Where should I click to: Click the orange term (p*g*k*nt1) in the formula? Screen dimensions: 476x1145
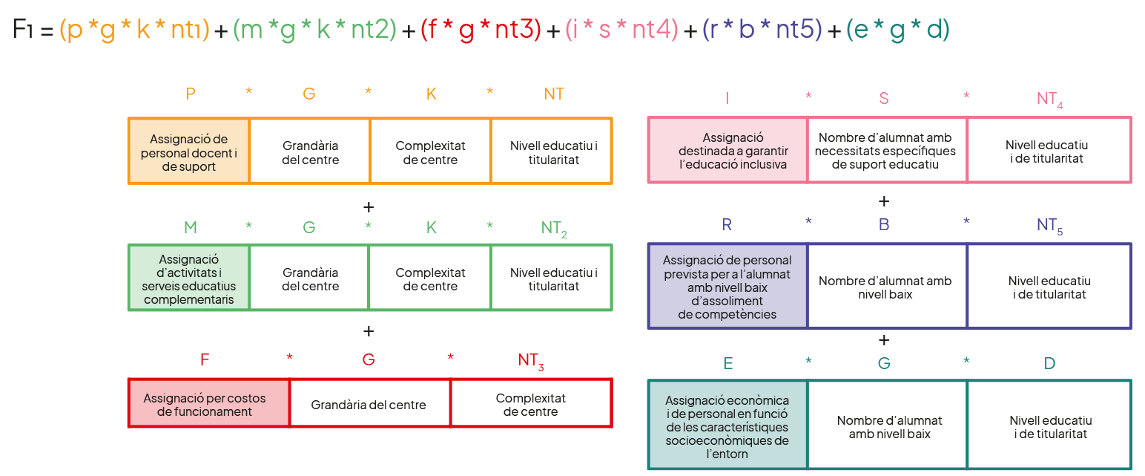133,30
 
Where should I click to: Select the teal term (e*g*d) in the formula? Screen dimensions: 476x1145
897,30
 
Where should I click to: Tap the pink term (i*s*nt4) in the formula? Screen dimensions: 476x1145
621,30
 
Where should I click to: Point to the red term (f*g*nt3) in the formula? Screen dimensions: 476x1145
481,30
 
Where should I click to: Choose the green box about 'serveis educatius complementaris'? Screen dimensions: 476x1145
189,278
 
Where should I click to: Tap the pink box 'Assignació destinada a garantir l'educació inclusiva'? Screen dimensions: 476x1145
727,150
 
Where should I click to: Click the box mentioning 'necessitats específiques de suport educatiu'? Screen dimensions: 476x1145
886,150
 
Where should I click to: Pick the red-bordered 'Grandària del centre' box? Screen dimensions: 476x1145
369,404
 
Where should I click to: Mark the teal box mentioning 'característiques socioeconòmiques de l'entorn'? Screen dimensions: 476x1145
727,425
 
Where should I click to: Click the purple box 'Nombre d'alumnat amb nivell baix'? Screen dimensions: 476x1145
886,286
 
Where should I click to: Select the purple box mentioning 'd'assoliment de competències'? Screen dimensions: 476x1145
727,286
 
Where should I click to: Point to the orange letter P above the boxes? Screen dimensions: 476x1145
191,94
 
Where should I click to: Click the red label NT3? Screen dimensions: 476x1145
531,361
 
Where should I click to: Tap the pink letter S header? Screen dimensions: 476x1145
884,98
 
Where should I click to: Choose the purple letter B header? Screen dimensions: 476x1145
884,224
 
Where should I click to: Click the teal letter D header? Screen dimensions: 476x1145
1049,363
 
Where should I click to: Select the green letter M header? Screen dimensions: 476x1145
191,227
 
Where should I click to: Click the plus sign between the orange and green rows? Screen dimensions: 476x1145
369,206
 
